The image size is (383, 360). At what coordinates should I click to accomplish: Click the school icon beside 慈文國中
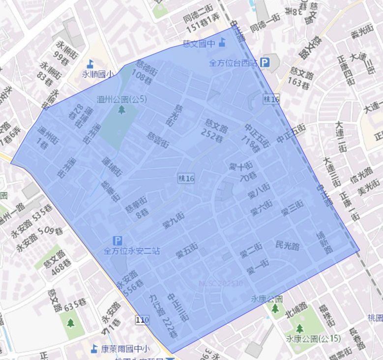pos(222,43)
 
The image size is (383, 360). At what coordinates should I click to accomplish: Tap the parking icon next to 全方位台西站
pos(265,62)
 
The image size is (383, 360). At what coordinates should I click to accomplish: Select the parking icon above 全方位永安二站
pos(118,240)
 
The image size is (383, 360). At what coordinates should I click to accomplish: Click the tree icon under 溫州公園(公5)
pos(121,110)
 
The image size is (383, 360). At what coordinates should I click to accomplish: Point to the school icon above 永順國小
pos(90,63)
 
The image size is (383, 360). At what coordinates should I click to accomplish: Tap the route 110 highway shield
pos(142,320)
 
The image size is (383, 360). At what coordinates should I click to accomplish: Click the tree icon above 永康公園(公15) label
pos(299,328)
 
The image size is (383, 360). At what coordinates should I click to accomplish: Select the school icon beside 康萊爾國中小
pos(94,349)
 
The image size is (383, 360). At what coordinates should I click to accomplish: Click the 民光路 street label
pos(288,246)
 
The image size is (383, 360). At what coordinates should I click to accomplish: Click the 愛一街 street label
pos(258,267)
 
